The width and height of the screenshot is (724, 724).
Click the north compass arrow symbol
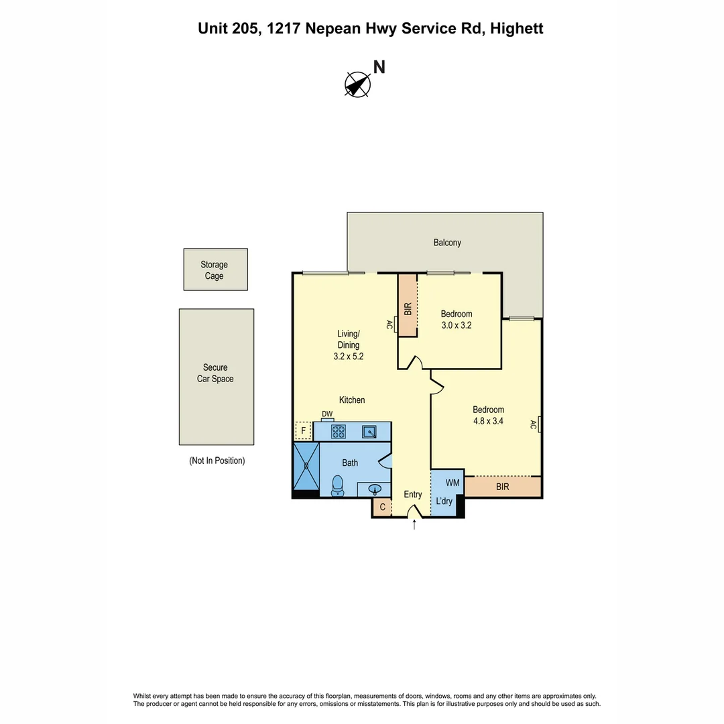pyautogui.click(x=357, y=84)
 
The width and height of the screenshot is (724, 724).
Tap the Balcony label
pyautogui.click(x=447, y=243)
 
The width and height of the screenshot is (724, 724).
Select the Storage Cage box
pyautogui.click(x=215, y=269)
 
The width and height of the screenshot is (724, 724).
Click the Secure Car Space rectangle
pyautogui.click(x=216, y=376)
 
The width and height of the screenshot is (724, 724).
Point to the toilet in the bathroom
pyautogui.click(x=338, y=485)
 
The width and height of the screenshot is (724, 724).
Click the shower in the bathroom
pyautogui.click(x=306, y=465)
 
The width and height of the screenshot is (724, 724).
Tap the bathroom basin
pyautogui.click(x=375, y=489)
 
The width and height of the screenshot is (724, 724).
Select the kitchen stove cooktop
pyautogui.click(x=338, y=431)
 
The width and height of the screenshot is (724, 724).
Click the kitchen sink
pyautogui.click(x=369, y=431)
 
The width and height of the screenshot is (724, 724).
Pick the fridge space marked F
pyautogui.click(x=303, y=430)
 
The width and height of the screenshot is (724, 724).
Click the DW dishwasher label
pyautogui.click(x=327, y=414)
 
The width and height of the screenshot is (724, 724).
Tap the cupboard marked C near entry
pyautogui.click(x=382, y=507)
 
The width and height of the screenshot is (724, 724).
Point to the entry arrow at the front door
pyautogui.click(x=414, y=525)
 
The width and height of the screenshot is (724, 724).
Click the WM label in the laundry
pyautogui.click(x=452, y=482)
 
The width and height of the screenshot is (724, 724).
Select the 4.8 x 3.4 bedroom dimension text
pyautogui.click(x=488, y=422)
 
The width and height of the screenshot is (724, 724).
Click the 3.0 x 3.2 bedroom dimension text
pyautogui.click(x=457, y=326)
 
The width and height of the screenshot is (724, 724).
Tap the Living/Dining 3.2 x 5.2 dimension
pyautogui.click(x=348, y=357)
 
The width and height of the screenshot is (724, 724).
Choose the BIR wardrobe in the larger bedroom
pyautogui.click(x=503, y=487)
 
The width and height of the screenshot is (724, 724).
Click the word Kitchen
pyautogui.click(x=352, y=400)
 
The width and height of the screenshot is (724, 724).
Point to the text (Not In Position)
pyautogui.click(x=217, y=461)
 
